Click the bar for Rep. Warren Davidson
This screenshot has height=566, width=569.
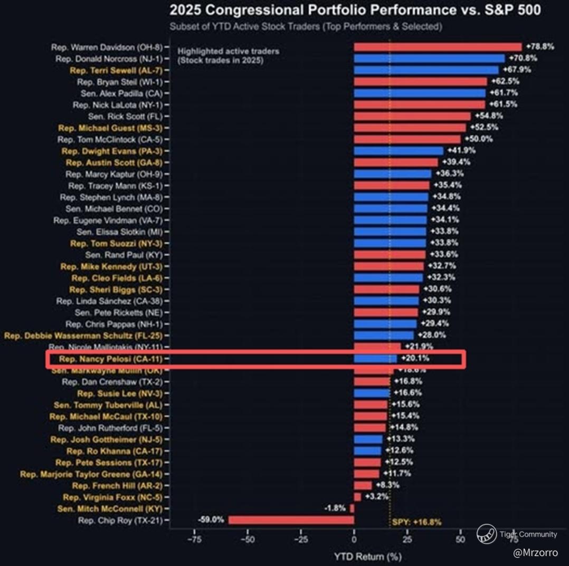tap(438, 47)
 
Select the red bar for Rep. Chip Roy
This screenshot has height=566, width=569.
tap(291, 520)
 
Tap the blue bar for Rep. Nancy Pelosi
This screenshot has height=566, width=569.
tap(375, 359)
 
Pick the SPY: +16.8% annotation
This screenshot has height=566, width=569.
tap(416, 523)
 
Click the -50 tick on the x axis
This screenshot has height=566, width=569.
tap(248, 540)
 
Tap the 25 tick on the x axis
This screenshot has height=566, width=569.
tap(407, 540)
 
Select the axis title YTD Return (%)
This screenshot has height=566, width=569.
tap(367, 556)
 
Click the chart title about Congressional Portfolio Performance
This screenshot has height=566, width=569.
tap(355, 10)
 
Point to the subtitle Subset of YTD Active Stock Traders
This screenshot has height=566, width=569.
tap(306, 26)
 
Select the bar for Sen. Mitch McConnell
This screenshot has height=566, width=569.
tap(352, 509)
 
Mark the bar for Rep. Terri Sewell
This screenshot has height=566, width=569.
tap(426, 70)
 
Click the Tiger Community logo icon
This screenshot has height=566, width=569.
tap(486, 534)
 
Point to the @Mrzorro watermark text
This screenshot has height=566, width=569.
tap(535, 553)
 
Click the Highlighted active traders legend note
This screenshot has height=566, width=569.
tap(229, 55)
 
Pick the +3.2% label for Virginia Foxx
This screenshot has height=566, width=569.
tap(377, 497)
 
